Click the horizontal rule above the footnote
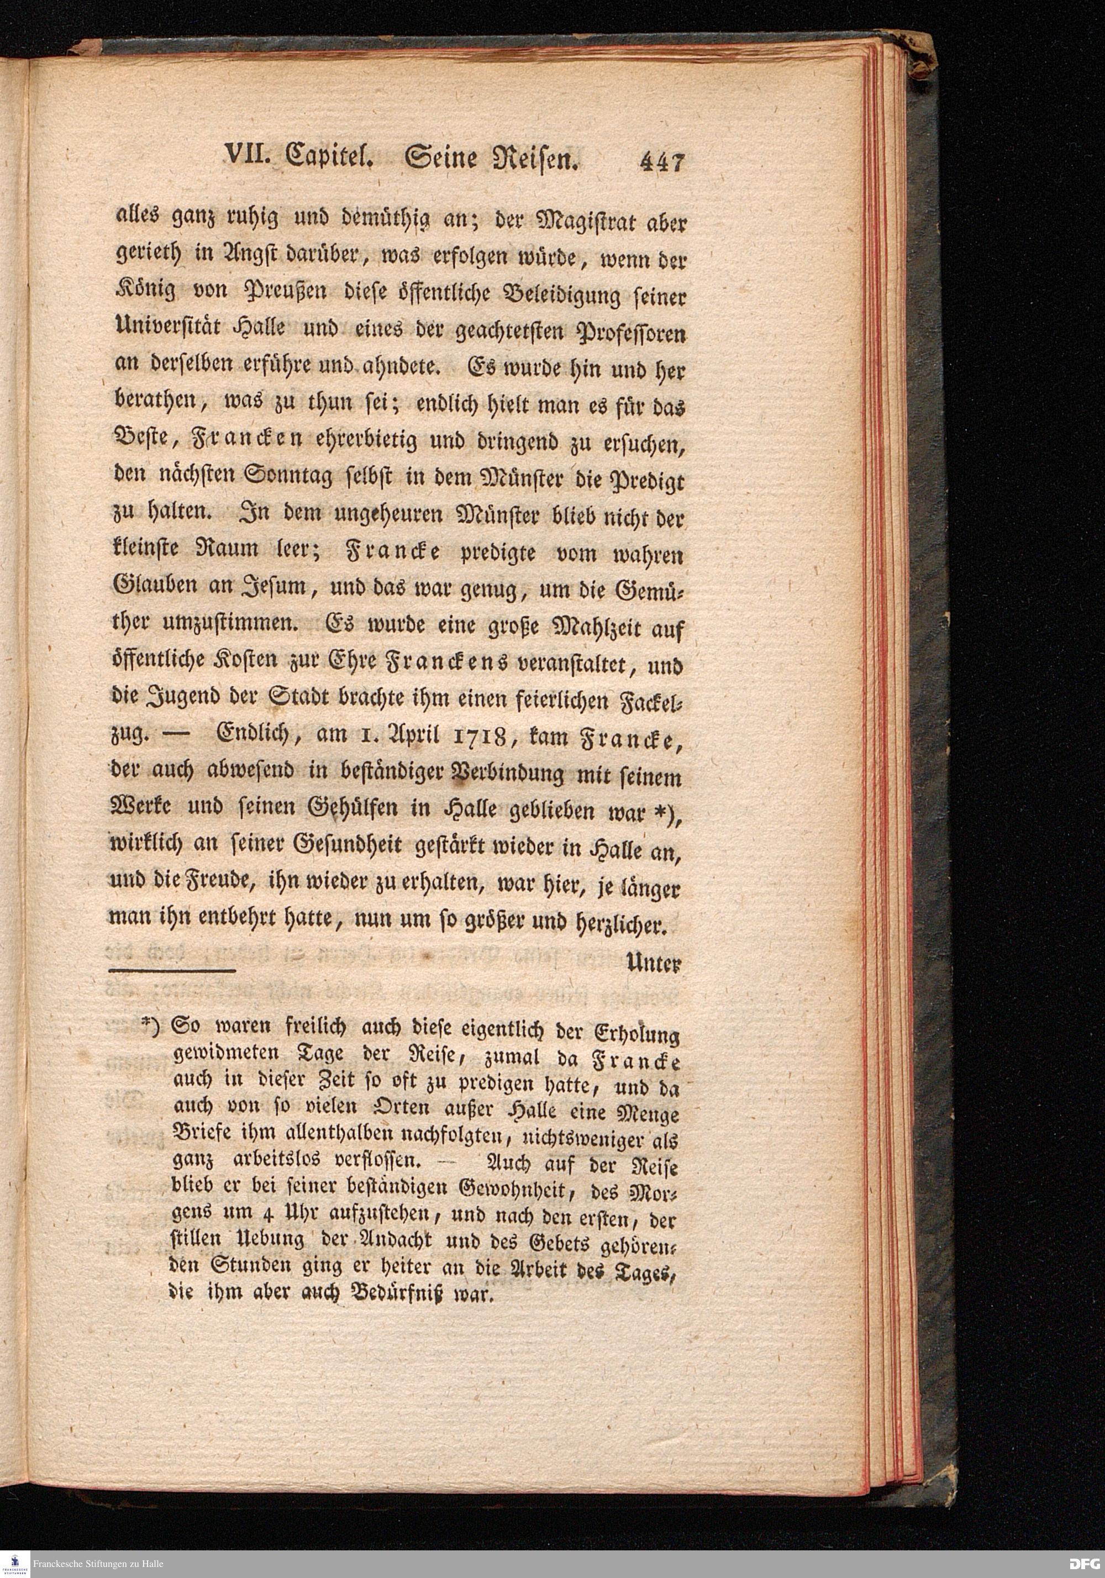tap(172, 970)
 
